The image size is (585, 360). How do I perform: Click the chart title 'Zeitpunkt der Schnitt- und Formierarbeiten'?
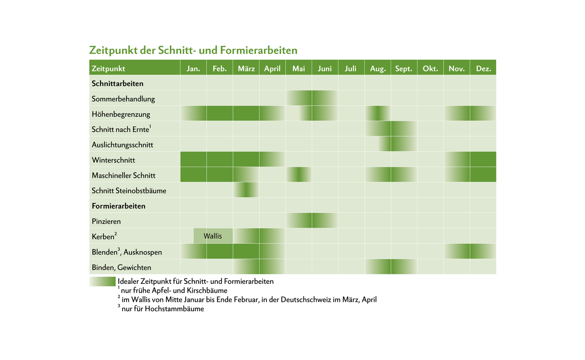click(x=193, y=50)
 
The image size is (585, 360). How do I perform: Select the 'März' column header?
click(x=246, y=68)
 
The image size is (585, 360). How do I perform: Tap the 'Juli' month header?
click(x=350, y=68)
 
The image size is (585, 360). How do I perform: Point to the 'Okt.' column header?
click(x=430, y=68)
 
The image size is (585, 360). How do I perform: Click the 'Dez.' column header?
click(x=483, y=68)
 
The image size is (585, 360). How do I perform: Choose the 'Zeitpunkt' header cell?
click(x=108, y=68)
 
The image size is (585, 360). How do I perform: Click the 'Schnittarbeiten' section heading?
click(x=117, y=83)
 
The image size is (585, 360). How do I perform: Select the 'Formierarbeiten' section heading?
click(x=118, y=206)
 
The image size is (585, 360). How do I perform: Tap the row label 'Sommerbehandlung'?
click(x=123, y=99)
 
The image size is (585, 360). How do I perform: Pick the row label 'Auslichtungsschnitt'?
click(x=122, y=145)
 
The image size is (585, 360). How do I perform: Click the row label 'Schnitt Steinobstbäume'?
click(x=129, y=191)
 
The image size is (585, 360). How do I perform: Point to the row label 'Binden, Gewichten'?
click(x=121, y=267)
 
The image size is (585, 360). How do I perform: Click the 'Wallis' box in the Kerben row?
click(x=213, y=236)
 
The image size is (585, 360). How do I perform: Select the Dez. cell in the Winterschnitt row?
click(x=483, y=160)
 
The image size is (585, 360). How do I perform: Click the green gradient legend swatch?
click(x=102, y=281)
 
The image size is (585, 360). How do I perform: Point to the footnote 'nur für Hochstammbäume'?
click(x=163, y=309)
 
